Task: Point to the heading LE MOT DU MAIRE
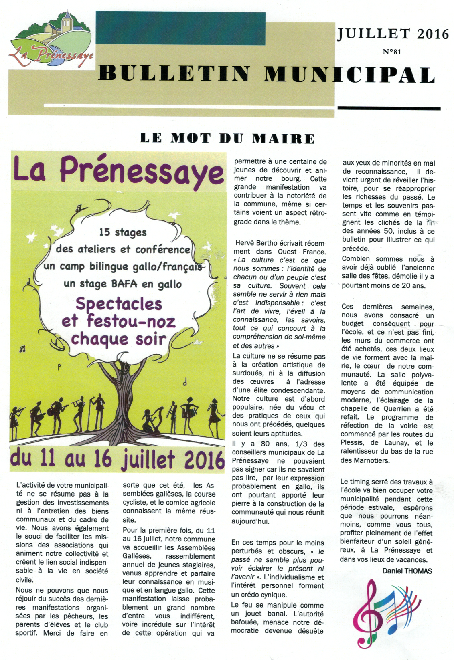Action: (227, 139)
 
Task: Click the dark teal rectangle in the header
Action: (180, 28)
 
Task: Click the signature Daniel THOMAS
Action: (407, 571)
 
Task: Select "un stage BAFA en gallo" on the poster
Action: (123, 284)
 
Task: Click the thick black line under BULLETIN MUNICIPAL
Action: (389, 108)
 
